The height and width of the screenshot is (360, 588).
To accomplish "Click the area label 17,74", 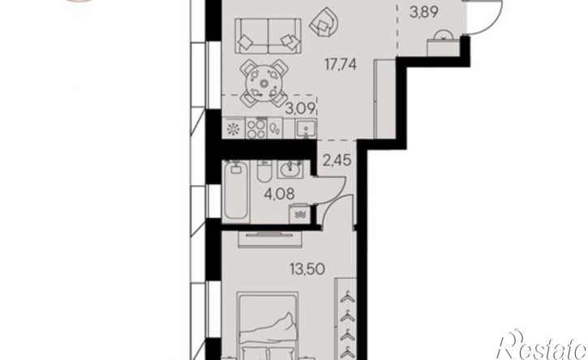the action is (x=341, y=65).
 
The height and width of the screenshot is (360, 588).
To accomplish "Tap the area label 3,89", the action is (x=423, y=13).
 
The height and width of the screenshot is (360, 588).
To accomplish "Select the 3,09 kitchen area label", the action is (x=301, y=109).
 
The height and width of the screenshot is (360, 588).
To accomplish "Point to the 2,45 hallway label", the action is (x=337, y=161).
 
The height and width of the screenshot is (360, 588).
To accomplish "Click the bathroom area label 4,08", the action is (x=279, y=194).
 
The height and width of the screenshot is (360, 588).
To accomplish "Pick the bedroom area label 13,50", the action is (x=307, y=268).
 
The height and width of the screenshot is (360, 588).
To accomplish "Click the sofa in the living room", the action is (x=268, y=36).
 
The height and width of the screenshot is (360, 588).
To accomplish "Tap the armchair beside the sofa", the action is (x=325, y=23).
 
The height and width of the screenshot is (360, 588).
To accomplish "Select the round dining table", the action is (x=264, y=84).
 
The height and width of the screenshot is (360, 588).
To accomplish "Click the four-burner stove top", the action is (x=256, y=128).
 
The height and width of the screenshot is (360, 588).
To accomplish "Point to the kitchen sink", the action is (x=305, y=129).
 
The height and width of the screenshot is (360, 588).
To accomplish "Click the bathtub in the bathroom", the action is (x=235, y=191).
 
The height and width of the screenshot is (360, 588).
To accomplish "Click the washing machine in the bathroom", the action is (x=299, y=214).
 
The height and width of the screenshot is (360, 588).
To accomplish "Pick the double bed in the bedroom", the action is (x=268, y=326).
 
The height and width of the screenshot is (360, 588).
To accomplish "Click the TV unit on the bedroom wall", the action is (x=269, y=239).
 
